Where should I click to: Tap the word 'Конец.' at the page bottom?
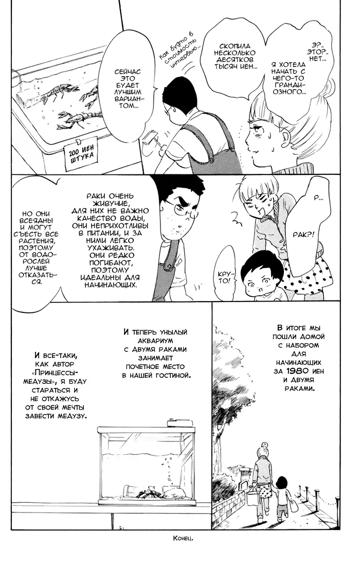point(183,538)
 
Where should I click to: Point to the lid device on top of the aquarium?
point(179,423)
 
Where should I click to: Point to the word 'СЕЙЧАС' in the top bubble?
point(128,72)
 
